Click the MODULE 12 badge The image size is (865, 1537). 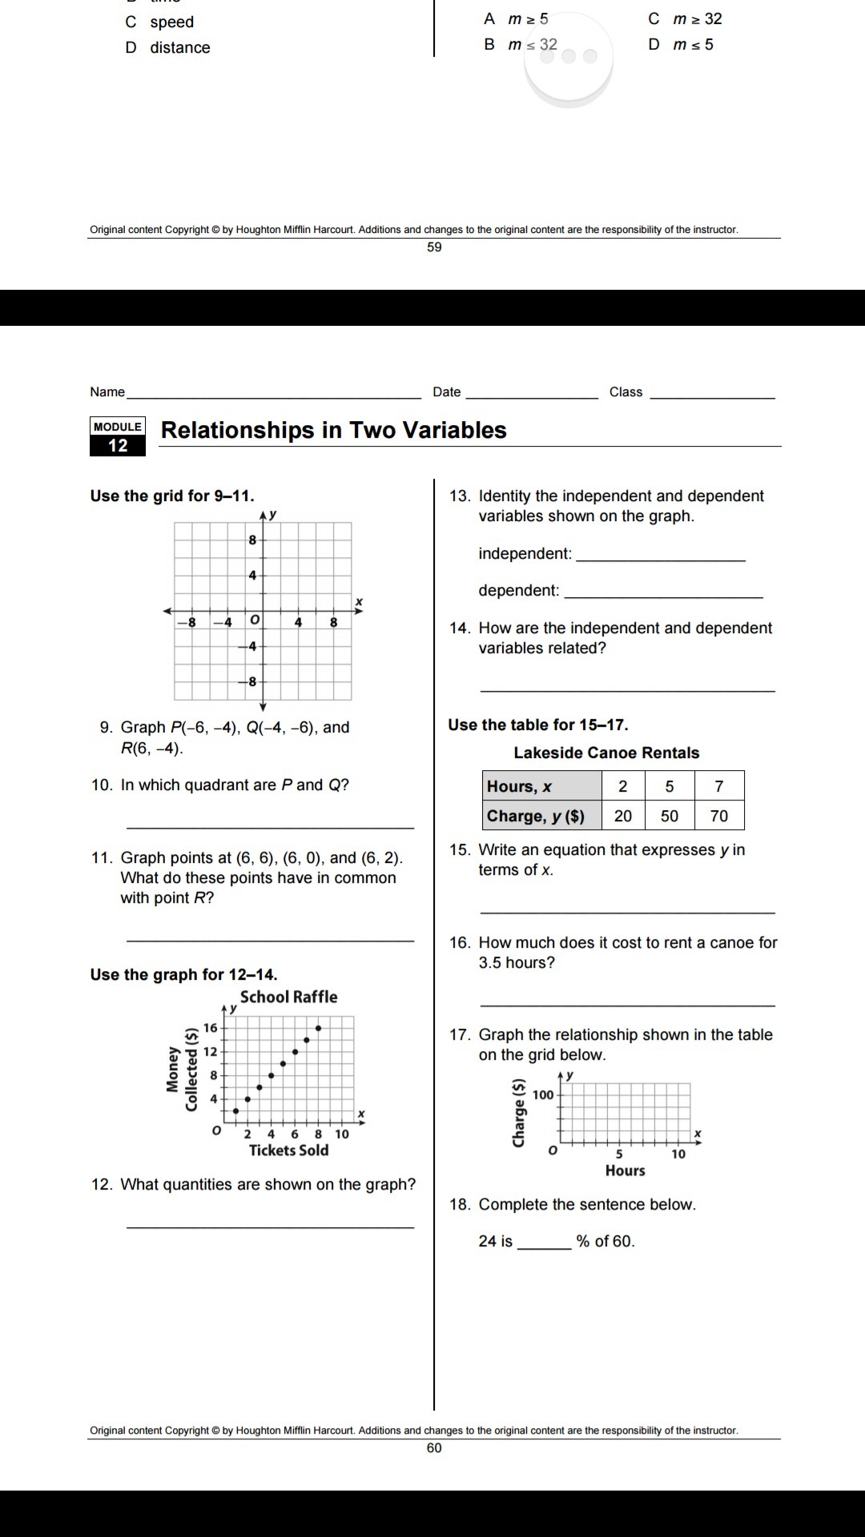[118, 436]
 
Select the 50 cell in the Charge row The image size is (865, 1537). [670, 816]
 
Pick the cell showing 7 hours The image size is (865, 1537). [719, 786]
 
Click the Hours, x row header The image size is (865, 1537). [541, 786]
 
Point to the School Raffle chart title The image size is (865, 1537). [288, 997]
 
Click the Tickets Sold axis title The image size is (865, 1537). [288, 1150]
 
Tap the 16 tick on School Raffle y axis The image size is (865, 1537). [210, 1028]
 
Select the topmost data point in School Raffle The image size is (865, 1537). [319, 1028]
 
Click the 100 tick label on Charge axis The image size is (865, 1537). [543, 1095]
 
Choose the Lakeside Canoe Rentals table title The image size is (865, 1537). [606, 752]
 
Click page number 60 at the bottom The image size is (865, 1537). [434, 1447]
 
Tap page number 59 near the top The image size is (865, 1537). [434, 247]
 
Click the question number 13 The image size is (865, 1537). [459, 496]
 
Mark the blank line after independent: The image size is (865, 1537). [660, 558]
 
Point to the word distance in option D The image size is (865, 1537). [180, 48]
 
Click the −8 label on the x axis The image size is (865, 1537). [191, 622]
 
